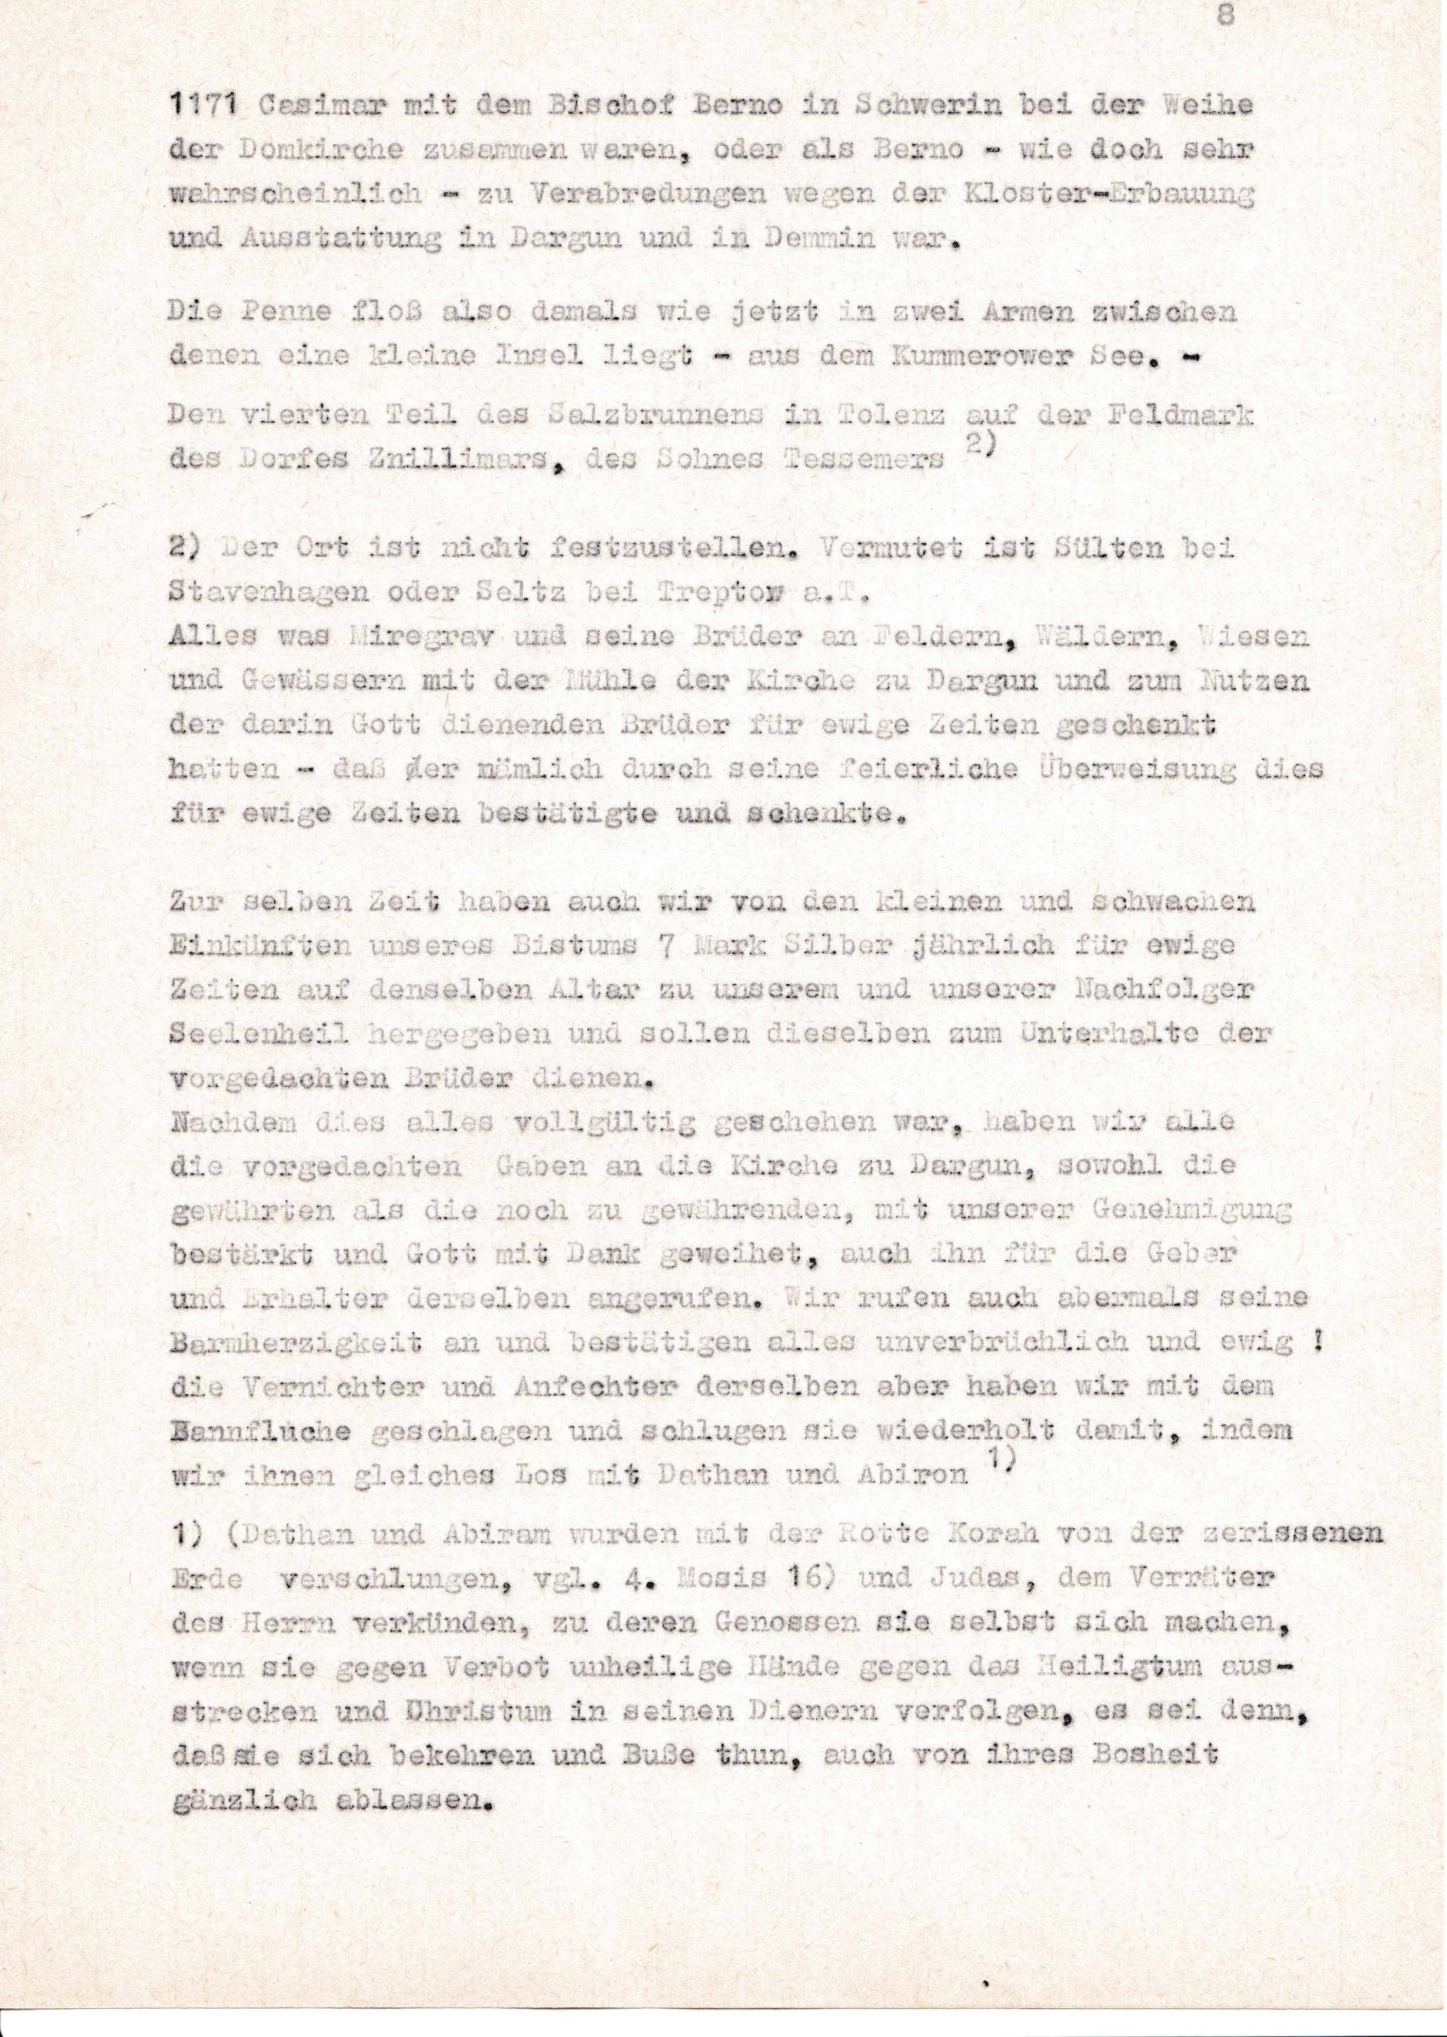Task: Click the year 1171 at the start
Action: [201, 107]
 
